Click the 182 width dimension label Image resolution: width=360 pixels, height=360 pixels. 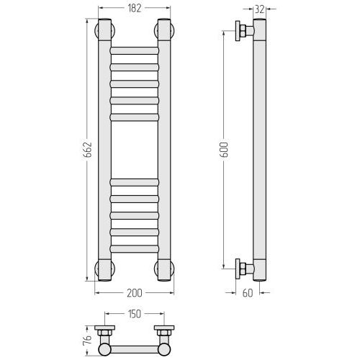[135, 9]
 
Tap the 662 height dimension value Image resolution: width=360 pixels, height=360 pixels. [89, 150]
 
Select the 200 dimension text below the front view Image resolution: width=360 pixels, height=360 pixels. [135, 293]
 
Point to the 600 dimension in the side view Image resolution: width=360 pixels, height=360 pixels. [224, 150]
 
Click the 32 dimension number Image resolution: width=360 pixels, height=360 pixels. [260, 9]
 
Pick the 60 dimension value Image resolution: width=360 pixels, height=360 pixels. [248, 293]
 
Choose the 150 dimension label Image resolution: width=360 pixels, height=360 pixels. [135, 314]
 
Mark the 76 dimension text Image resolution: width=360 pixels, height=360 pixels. [89, 340]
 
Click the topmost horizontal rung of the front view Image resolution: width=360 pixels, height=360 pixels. [135, 50]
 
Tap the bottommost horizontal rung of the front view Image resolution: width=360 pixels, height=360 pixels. [135, 248]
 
